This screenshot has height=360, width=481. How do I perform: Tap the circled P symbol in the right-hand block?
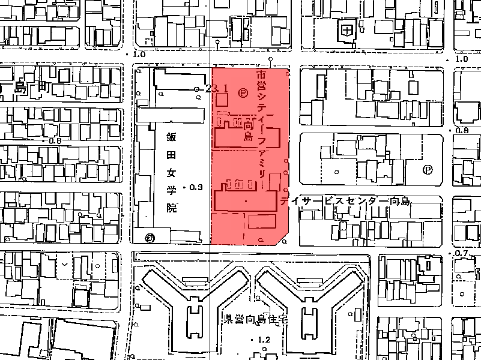pos(427,170)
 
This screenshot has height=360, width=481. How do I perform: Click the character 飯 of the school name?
pos(172,136)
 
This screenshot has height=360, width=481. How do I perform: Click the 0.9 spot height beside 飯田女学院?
pos(196,187)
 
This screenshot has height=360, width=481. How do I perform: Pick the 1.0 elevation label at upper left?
pos(139,54)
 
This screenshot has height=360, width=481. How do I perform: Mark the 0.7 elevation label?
pos(461,254)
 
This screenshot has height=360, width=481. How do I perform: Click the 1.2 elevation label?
pos(264,340)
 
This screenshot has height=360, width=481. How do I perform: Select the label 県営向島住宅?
pos(256,319)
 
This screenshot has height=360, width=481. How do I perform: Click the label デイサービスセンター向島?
pos(345,202)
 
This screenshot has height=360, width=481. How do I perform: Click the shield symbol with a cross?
pos(346,29)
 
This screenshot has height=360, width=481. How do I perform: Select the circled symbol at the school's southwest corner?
pos(150,237)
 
